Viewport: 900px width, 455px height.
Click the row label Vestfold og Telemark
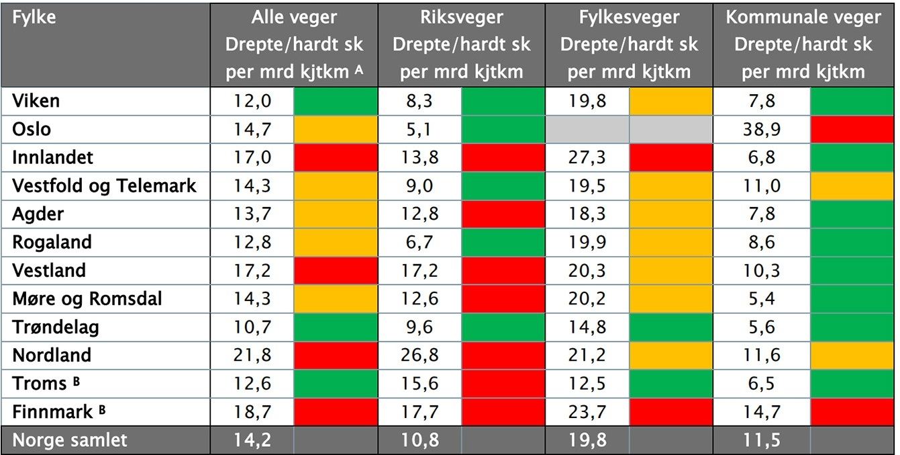tap(104, 185)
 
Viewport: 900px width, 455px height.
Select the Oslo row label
tap(32, 129)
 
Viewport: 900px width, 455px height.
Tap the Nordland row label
tap(52, 355)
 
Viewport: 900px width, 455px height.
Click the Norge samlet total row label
tap(70, 440)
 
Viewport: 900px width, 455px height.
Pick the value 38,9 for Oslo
tap(762, 129)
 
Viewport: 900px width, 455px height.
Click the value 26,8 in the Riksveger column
tap(419, 355)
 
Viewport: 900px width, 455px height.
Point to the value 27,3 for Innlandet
tap(587, 157)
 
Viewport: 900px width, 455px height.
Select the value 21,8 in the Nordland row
tap(252, 355)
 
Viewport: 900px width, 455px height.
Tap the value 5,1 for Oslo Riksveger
tap(419, 129)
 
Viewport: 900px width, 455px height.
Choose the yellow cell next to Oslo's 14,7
tap(336, 129)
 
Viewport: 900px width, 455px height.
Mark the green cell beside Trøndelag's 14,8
tap(670, 327)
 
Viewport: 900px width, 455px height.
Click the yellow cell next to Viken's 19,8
tap(670, 101)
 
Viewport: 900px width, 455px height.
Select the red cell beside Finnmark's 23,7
tap(670, 411)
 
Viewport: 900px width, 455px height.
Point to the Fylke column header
tap(34, 17)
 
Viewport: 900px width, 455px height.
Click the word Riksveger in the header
tap(461, 17)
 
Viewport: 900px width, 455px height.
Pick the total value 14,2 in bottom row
tap(252, 440)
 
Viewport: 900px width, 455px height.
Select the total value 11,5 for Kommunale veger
tap(762, 440)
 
